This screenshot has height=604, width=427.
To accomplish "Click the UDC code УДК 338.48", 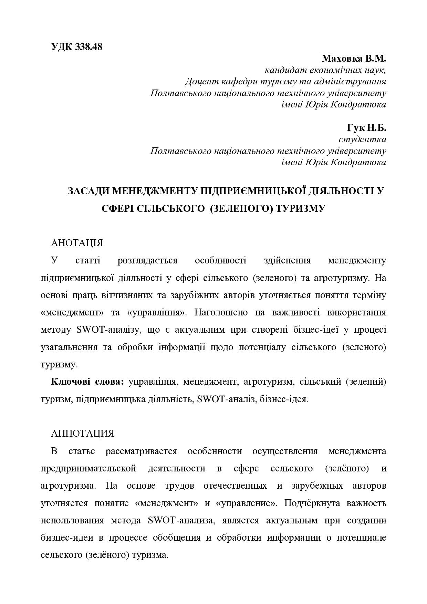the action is pos(76,47).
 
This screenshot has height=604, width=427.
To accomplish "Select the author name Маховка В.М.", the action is pos(354,58).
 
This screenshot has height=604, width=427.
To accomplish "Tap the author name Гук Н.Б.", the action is pos(366,128).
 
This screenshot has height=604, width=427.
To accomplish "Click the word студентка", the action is pos(362,139).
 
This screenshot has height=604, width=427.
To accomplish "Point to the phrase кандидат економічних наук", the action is pos(325,70).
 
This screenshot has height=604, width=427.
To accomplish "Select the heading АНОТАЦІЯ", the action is pos(77,243).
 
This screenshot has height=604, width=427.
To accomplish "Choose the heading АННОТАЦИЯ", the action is pos(82,434).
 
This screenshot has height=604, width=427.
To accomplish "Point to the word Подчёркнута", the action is pos(314,503).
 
